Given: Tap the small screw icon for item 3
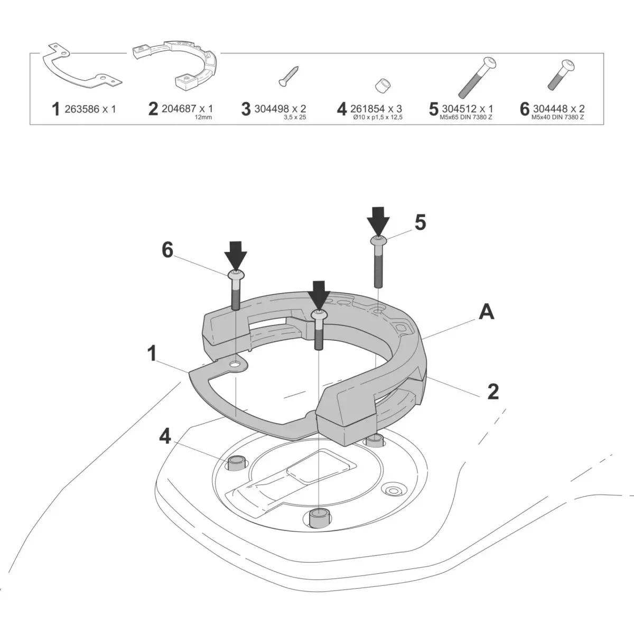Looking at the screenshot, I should (288, 76).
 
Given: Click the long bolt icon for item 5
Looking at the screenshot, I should (477, 77).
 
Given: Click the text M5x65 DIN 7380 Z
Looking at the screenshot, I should (467, 117).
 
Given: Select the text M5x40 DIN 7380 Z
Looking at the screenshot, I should (559, 117).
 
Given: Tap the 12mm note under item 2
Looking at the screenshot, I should (203, 117).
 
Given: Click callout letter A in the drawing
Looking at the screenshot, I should (486, 312).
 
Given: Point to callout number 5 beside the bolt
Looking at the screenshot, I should (420, 223).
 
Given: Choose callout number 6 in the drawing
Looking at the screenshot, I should (167, 250).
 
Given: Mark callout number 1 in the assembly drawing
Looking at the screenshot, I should (152, 353).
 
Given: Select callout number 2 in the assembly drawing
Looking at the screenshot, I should (492, 391).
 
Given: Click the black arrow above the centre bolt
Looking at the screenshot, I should (319, 295).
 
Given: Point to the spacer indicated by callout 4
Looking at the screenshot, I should (236, 463).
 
